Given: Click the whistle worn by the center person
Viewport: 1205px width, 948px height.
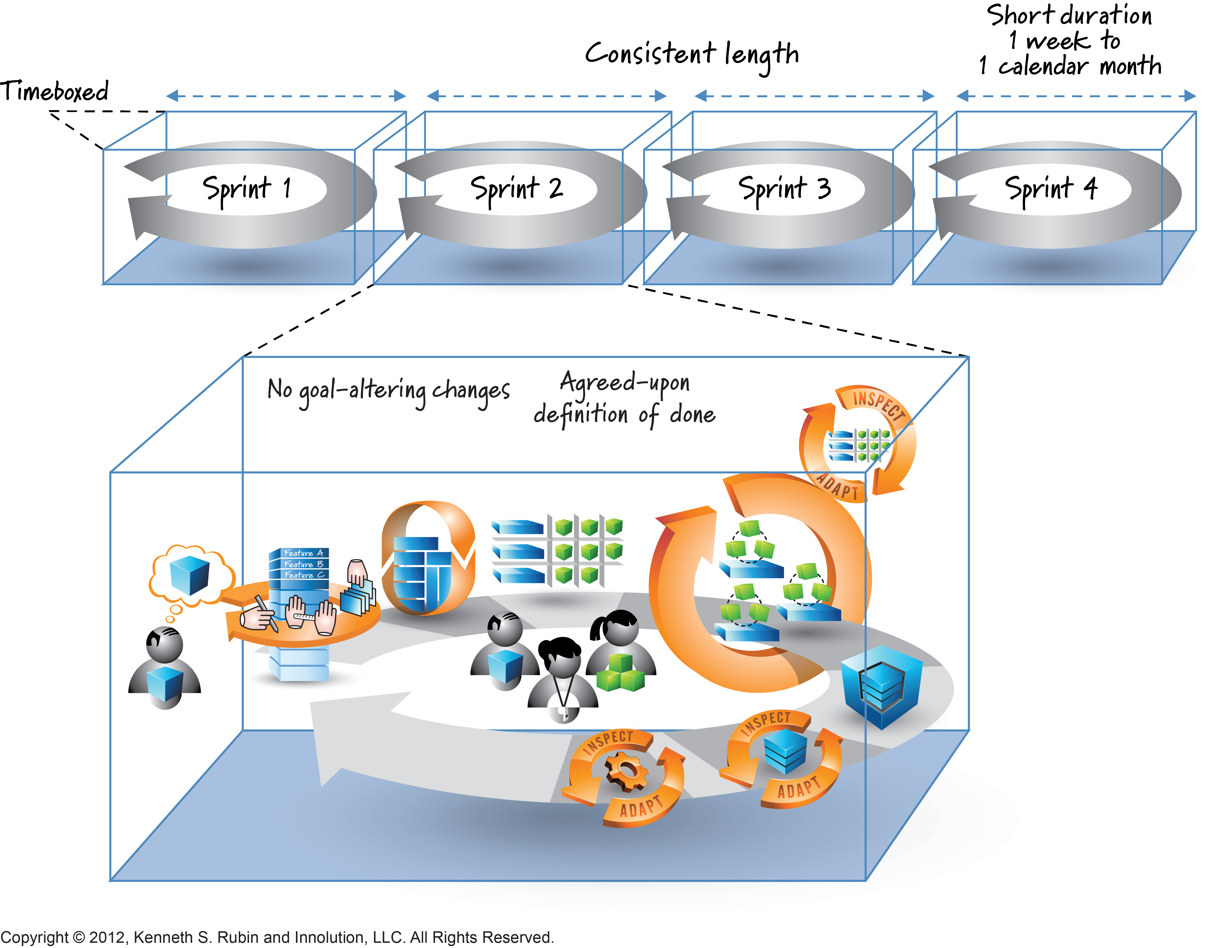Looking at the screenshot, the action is point(562,713).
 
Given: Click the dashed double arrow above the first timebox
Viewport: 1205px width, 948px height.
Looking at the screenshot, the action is point(286,96).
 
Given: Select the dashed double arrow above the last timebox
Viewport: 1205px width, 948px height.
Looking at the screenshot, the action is point(1075,96).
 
